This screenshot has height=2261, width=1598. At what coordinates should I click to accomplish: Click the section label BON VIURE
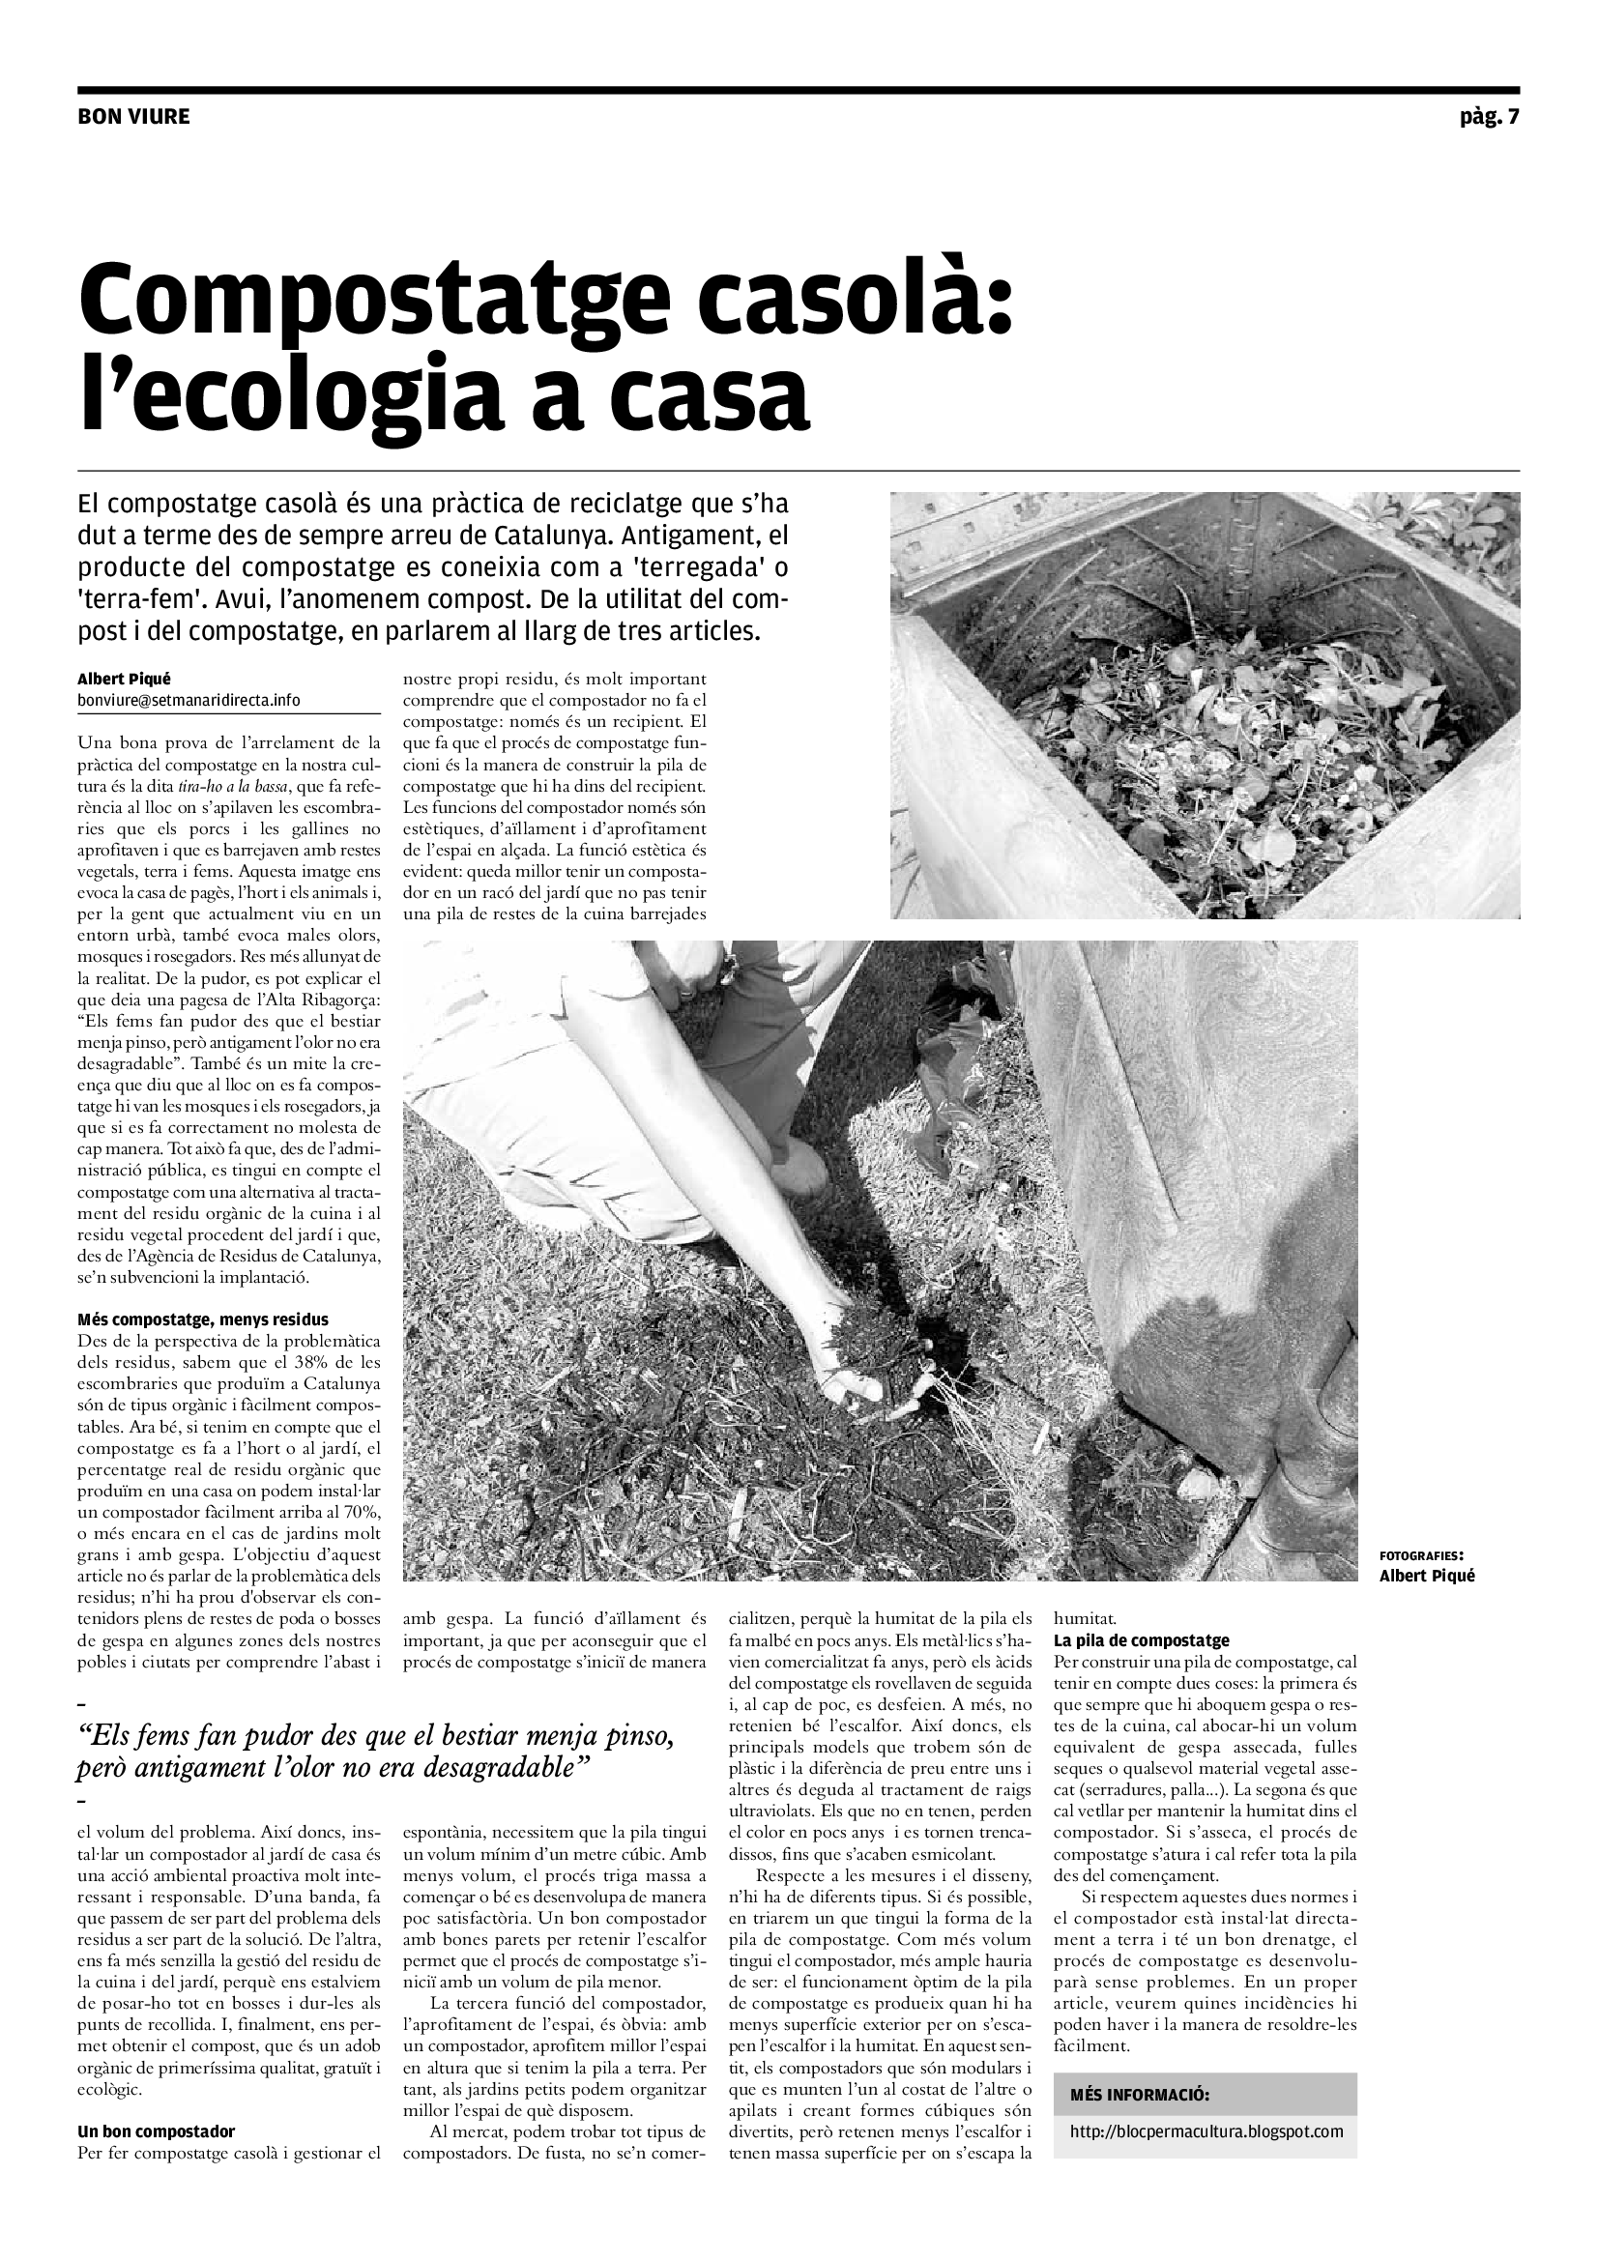click(132, 117)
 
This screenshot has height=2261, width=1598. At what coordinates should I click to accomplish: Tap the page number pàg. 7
click(1490, 117)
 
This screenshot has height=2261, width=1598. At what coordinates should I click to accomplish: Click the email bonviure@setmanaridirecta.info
click(189, 700)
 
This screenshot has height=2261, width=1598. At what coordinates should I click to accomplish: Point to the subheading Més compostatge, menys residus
click(203, 1319)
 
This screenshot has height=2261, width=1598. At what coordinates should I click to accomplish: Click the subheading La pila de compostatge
click(1141, 1640)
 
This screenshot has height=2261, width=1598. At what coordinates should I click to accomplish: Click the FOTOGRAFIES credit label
click(1421, 1556)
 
